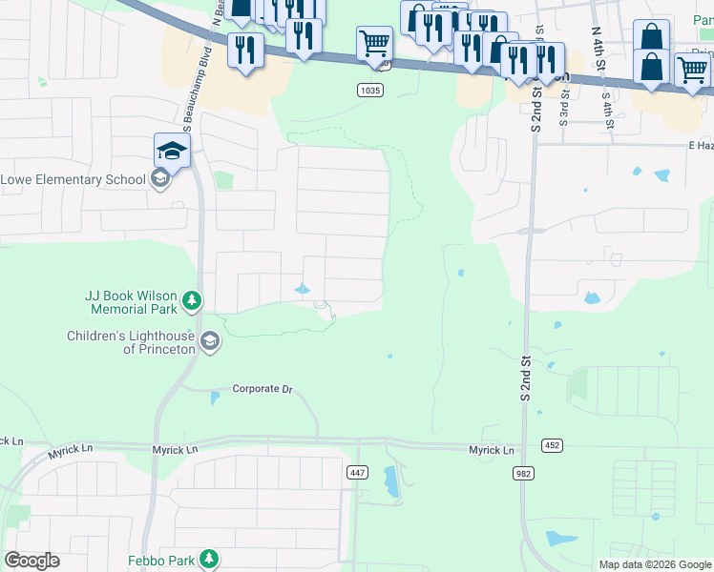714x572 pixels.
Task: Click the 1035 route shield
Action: pyautogui.click(x=371, y=91)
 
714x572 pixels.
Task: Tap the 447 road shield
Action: pyautogui.click(x=358, y=473)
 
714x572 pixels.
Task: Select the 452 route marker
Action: pyautogui.click(x=552, y=445)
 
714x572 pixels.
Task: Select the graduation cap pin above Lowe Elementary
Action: pyautogui.click(x=172, y=151)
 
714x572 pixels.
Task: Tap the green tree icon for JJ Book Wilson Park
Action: pyautogui.click(x=192, y=302)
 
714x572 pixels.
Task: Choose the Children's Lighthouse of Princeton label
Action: pyautogui.click(x=130, y=342)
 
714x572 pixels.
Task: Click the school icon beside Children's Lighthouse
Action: pyautogui.click(x=209, y=341)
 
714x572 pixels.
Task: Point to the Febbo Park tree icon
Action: pyautogui.click(x=209, y=560)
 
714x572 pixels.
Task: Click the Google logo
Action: pyautogui.click(x=31, y=561)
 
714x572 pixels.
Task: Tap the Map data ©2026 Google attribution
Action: pyautogui.click(x=654, y=564)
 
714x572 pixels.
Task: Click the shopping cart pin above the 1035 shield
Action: pyautogui.click(x=374, y=43)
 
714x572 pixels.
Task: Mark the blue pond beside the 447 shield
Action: pyautogui.click(x=390, y=482)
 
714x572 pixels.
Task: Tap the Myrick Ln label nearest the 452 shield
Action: pyautogui.click(x=491, y=450)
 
